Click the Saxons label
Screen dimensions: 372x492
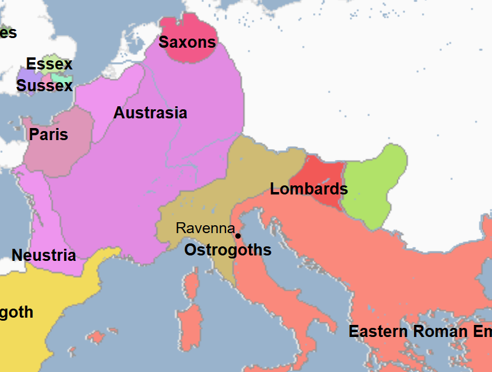click(187, 42)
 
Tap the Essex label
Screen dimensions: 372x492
click(49, 64)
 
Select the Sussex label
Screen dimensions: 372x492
click(44, 86)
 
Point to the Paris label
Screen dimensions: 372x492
click(48, 134)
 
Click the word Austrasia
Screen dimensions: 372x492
click(150, 113)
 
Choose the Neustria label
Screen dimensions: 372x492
click(44, 255)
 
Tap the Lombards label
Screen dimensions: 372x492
click(308, 189)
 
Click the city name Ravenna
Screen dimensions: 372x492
click(205, 228)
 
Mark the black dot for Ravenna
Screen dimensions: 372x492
click(238, 236)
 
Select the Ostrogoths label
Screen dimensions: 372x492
click(227, 250)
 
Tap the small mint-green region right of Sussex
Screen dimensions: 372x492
click(62, 78)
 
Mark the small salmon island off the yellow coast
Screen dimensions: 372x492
click(95, 336)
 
